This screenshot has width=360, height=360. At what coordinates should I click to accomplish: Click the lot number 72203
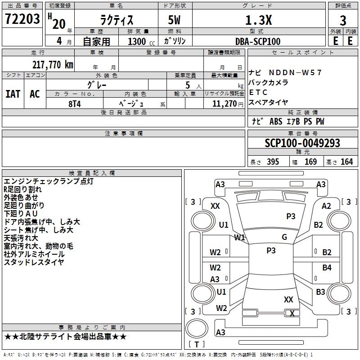pyautogui.click(x=22, y=19)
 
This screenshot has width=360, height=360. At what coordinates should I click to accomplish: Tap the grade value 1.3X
pyautogui.click(x=258, y=20)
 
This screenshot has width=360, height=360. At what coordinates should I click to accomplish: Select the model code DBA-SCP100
pyautogui.click(x=258, y=41)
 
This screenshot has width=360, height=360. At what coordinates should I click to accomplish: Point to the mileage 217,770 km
pyautogui.click(x=53, y=64)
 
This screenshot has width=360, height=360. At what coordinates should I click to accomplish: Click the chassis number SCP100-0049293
pyautogui.click(x=302, y=143)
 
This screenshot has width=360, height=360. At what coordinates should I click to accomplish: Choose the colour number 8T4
pyautogui.click(x=75, y=104)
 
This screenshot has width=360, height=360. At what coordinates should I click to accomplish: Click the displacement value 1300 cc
pyautogui.click(x=141, y=41)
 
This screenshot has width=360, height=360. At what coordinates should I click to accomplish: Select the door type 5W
pyautogui.click(x=174, y=20)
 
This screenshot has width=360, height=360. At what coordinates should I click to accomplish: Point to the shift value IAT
pyautogui.click(x=13, y=94)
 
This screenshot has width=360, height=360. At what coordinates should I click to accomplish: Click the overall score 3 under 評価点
pyautogui.click(x=343, y=21)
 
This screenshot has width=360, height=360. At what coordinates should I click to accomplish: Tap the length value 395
pyautogui.click(x=273, y=162)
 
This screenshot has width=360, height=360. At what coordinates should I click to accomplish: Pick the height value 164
pyautogui.click(x=346, y=162)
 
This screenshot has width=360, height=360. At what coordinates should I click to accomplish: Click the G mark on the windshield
pyautogui.click(x=284, y=237)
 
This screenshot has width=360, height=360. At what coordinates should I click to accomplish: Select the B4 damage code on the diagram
pyautogui.click(x=327, y=267)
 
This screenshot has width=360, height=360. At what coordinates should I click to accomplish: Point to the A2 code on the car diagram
pyautogui.click(x=326, y=206)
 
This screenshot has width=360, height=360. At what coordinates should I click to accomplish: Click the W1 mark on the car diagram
pyautogui.click(x=239, y=238)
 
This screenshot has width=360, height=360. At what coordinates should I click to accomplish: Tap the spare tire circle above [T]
pyautogui.click(x=197, y=328)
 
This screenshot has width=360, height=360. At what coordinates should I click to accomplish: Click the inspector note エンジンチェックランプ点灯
pyautogui.click(x=49, y=181)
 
